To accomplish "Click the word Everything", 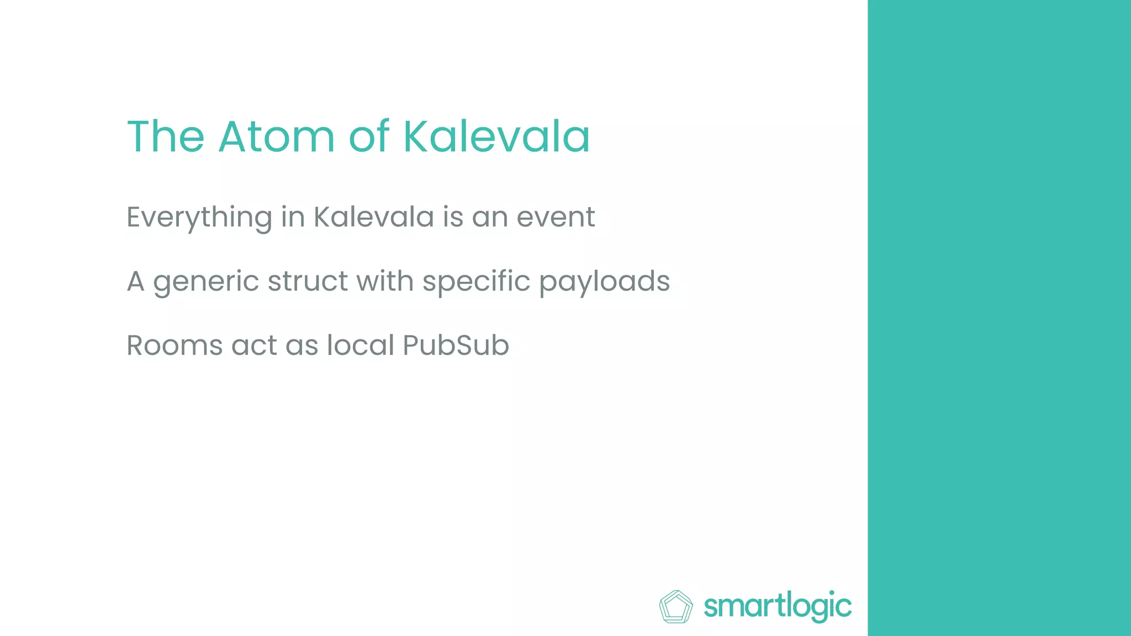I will point(199,218).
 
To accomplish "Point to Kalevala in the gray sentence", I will point(374,216).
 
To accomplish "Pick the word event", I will point(556,216).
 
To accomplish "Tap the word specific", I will point(477,282).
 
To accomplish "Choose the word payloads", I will point(604,282).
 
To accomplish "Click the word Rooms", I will point(175,346).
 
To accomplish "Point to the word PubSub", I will point(456,346).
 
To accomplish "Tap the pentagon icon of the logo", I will point(676,607).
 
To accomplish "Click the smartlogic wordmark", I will point(778,607).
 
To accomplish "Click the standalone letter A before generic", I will point(136,281).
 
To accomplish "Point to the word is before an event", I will point(453,216).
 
